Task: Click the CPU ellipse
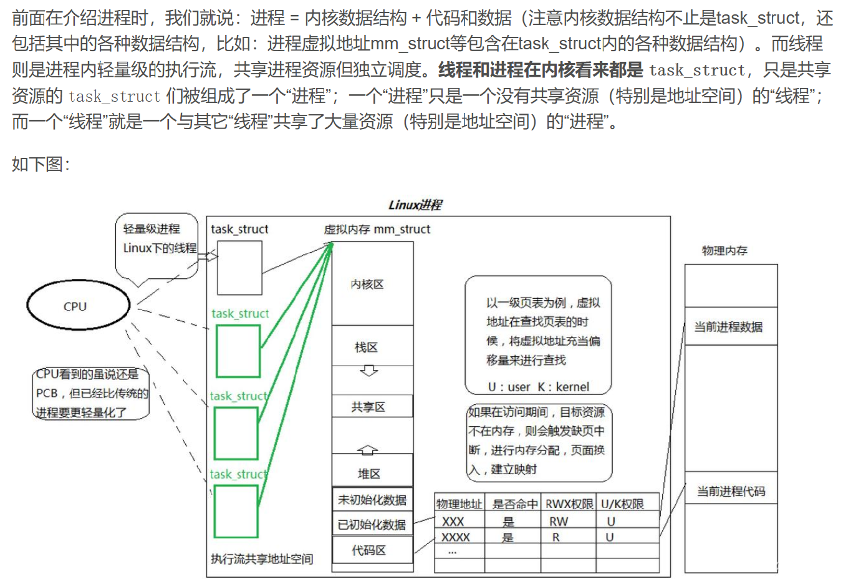[x=78, y=305]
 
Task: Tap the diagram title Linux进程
[x=415, y=205]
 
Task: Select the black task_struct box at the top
[x=239, y=268]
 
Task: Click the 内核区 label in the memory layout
[x=367, y=284]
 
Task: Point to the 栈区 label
[x=366, y=347]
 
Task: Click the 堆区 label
[x=368, y=474]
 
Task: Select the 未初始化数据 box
[x=372, y=500]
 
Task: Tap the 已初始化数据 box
[x=372, y=525]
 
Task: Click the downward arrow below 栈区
[x=368, y=371]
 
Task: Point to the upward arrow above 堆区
[x=367, y=449]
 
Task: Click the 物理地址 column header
[x=459, y=504]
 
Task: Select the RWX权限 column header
[x=569, y=504]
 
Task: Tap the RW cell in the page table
[x=558, y=521]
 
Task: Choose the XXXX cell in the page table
[x=456, y=537]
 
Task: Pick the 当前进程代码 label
[x=731, y=491]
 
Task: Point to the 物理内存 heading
[x=724, y=250]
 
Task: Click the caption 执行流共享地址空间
[x=262, y=558]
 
